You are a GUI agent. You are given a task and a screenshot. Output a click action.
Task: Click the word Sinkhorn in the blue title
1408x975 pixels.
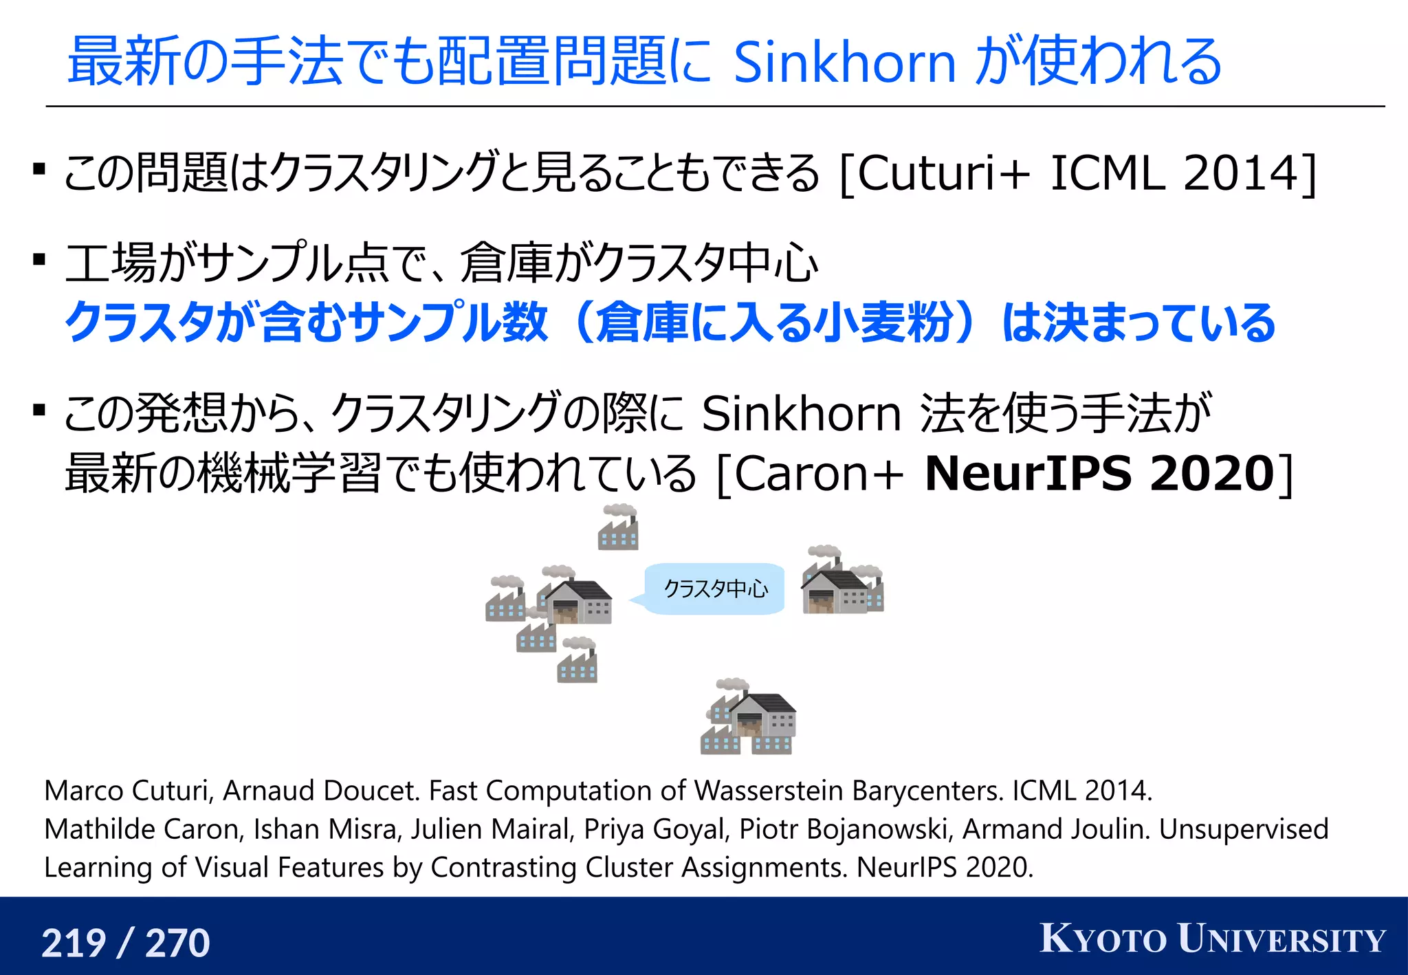[x=844, y=62]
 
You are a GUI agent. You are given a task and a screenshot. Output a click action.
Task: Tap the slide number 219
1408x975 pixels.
[x=74, y=943]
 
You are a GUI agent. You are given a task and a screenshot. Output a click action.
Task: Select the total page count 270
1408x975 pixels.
[x=177, y=943]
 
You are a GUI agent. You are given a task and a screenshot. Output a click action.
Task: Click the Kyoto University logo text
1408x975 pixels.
[x=1213, y=939]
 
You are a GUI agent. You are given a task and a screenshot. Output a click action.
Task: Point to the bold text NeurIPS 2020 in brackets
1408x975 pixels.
[x=1100, y=474]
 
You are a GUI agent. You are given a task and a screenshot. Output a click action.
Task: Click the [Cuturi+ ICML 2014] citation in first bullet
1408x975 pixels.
[x=1077, y=173]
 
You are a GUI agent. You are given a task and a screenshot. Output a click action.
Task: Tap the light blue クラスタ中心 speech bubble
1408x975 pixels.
[x=715, y=589]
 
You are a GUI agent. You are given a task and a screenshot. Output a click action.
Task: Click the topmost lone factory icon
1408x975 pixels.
[x=618, y=527]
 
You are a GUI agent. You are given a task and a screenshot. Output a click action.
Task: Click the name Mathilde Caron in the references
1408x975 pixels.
[x=144, y=829]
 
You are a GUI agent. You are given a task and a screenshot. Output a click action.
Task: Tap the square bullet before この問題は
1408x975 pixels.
[x=39, y=169]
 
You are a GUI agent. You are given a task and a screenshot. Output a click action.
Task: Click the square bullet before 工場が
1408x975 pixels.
[x=39, y=260]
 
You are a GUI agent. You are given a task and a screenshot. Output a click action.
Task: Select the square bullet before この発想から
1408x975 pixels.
[x=39, y=410]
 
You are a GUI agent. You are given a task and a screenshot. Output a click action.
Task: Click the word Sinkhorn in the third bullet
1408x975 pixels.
[x=801, y=414]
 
